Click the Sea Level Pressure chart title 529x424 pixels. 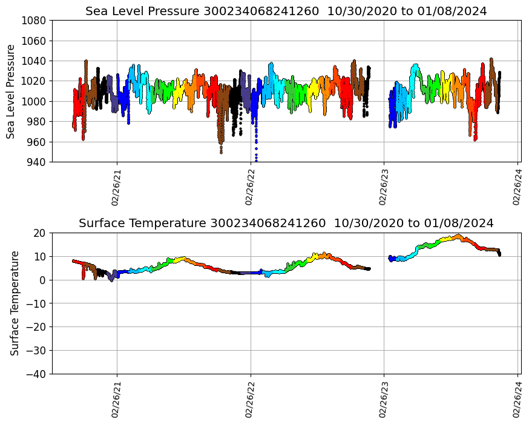[x=286, y=11]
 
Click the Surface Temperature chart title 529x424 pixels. [x=286, y=223]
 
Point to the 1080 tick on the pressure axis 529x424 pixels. [x=35, y=21]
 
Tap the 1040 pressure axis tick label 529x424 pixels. [x=35, y=61]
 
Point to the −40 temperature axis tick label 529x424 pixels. [x=37, y=374]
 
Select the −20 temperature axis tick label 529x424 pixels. [x=37, y=327]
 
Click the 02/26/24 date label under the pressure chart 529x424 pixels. [x=517, y=187]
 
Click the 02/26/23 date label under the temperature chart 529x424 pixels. [x=384, y=399]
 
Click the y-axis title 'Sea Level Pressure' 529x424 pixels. [x=11, y=91]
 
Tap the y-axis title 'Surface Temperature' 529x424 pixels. [x=15, y=303]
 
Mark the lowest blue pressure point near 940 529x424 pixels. [x=256, y=160]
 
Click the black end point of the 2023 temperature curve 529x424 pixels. [x=499, y=254]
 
